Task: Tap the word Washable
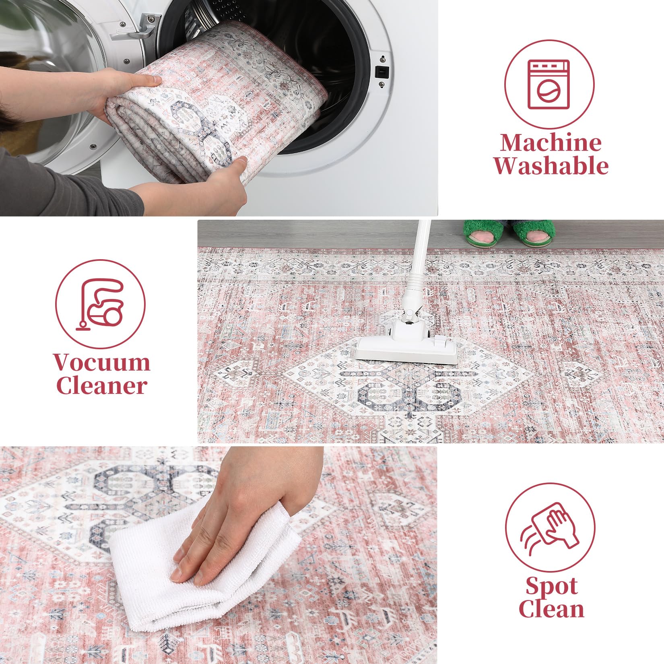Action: coord(551,165)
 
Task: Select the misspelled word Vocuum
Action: coord(102,362)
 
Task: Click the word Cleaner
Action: coord(101,386)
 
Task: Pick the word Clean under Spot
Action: coord(551,608)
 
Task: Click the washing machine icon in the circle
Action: coord(549,85)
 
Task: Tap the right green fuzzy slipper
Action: coord(533,234)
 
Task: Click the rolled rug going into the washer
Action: coord(213,109)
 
